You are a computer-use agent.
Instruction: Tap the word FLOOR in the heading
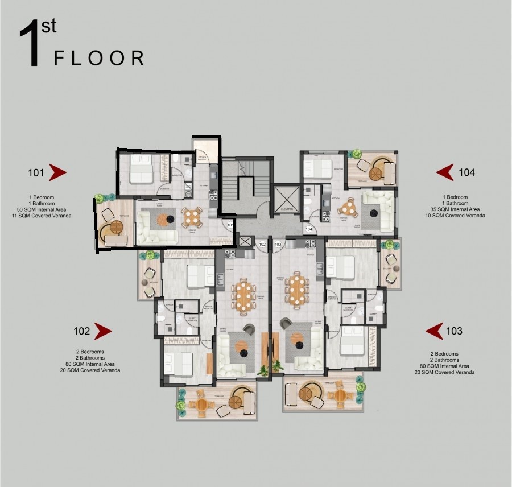[x=98, y=58]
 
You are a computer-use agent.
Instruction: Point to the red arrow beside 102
[x=102, y=331]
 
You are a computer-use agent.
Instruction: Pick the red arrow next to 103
[x=435, y=331]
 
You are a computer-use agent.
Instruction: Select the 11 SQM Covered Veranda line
[x=44, y=216]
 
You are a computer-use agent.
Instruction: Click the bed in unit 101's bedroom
[x=141, y=169]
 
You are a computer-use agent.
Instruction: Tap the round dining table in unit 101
[x=192, y=217]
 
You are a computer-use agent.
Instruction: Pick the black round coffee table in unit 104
[x=374, y=213]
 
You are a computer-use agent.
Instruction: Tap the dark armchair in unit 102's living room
[x=249, y=329]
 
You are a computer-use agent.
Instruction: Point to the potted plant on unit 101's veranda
[x=100, y=199]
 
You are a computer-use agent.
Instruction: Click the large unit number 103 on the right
[x=455, y=331]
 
